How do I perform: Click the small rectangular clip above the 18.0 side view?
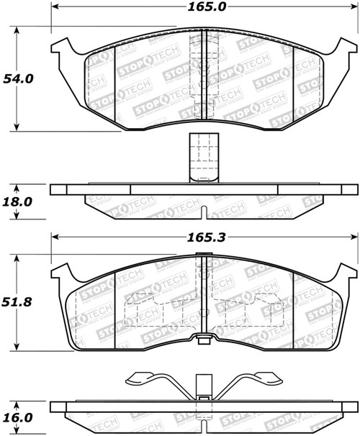tap(199, 157)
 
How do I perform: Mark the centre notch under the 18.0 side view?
tap(205, 214)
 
